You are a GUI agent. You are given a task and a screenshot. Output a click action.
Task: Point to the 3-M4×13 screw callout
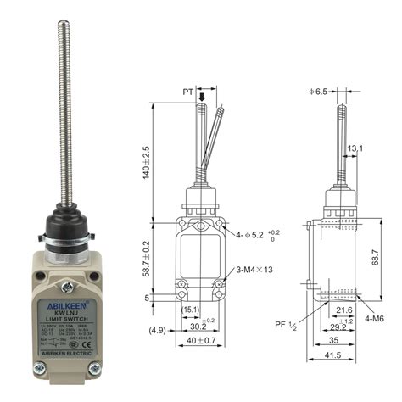coord(253,269)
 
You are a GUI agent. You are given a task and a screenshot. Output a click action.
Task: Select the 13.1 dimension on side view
coord(355,149)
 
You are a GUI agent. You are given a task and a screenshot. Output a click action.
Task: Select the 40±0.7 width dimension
coord(202,342)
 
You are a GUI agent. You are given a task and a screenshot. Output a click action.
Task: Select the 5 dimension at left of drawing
coord(146,298)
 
